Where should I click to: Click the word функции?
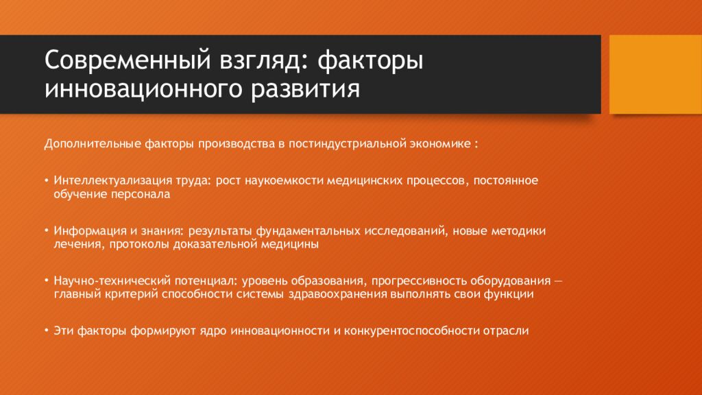509,295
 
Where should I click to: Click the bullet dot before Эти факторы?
47,331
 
